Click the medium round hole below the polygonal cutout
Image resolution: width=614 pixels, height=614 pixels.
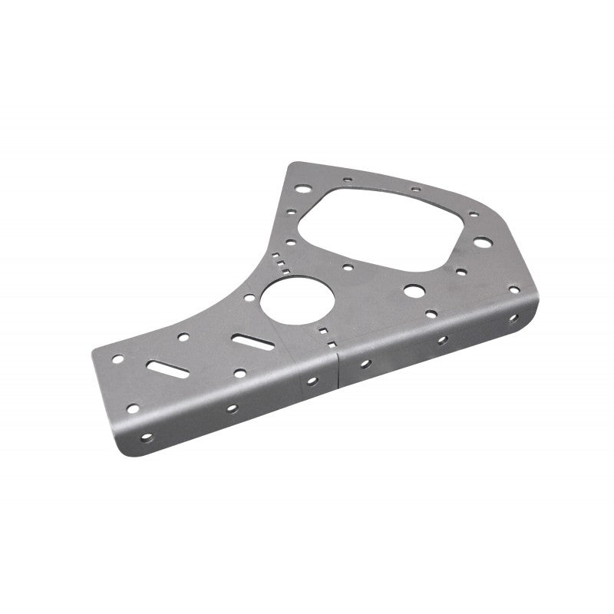pos(413,291)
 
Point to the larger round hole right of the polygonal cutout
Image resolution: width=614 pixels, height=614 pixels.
pos(481,242)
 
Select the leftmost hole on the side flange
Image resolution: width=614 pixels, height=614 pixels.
pos(146,438)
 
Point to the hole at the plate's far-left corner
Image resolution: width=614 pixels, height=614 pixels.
pos(117,358)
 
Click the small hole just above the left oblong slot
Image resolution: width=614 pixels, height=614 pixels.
pos(183,336)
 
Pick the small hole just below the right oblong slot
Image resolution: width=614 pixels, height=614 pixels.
pos(239,373)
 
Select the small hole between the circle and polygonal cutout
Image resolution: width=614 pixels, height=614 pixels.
pos(348,268)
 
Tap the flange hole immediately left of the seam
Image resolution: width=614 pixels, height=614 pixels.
pos(311,380)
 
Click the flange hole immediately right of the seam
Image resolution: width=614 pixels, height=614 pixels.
pos(365,363)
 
